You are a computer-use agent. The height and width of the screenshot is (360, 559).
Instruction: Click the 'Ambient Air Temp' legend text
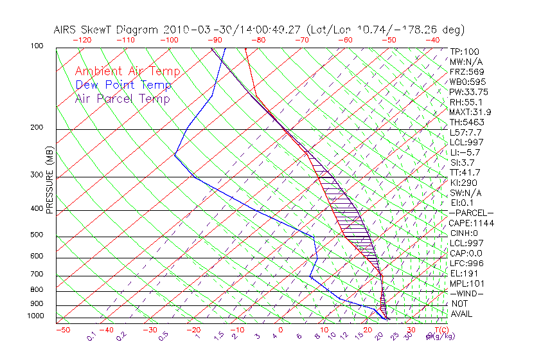coord(127,72)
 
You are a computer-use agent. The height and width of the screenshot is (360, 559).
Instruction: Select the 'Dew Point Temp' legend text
coord(123,85)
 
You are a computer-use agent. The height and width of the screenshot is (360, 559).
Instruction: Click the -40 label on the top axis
coord(432,40)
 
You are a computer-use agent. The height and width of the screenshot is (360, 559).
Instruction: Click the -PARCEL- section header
coord(471,213)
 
